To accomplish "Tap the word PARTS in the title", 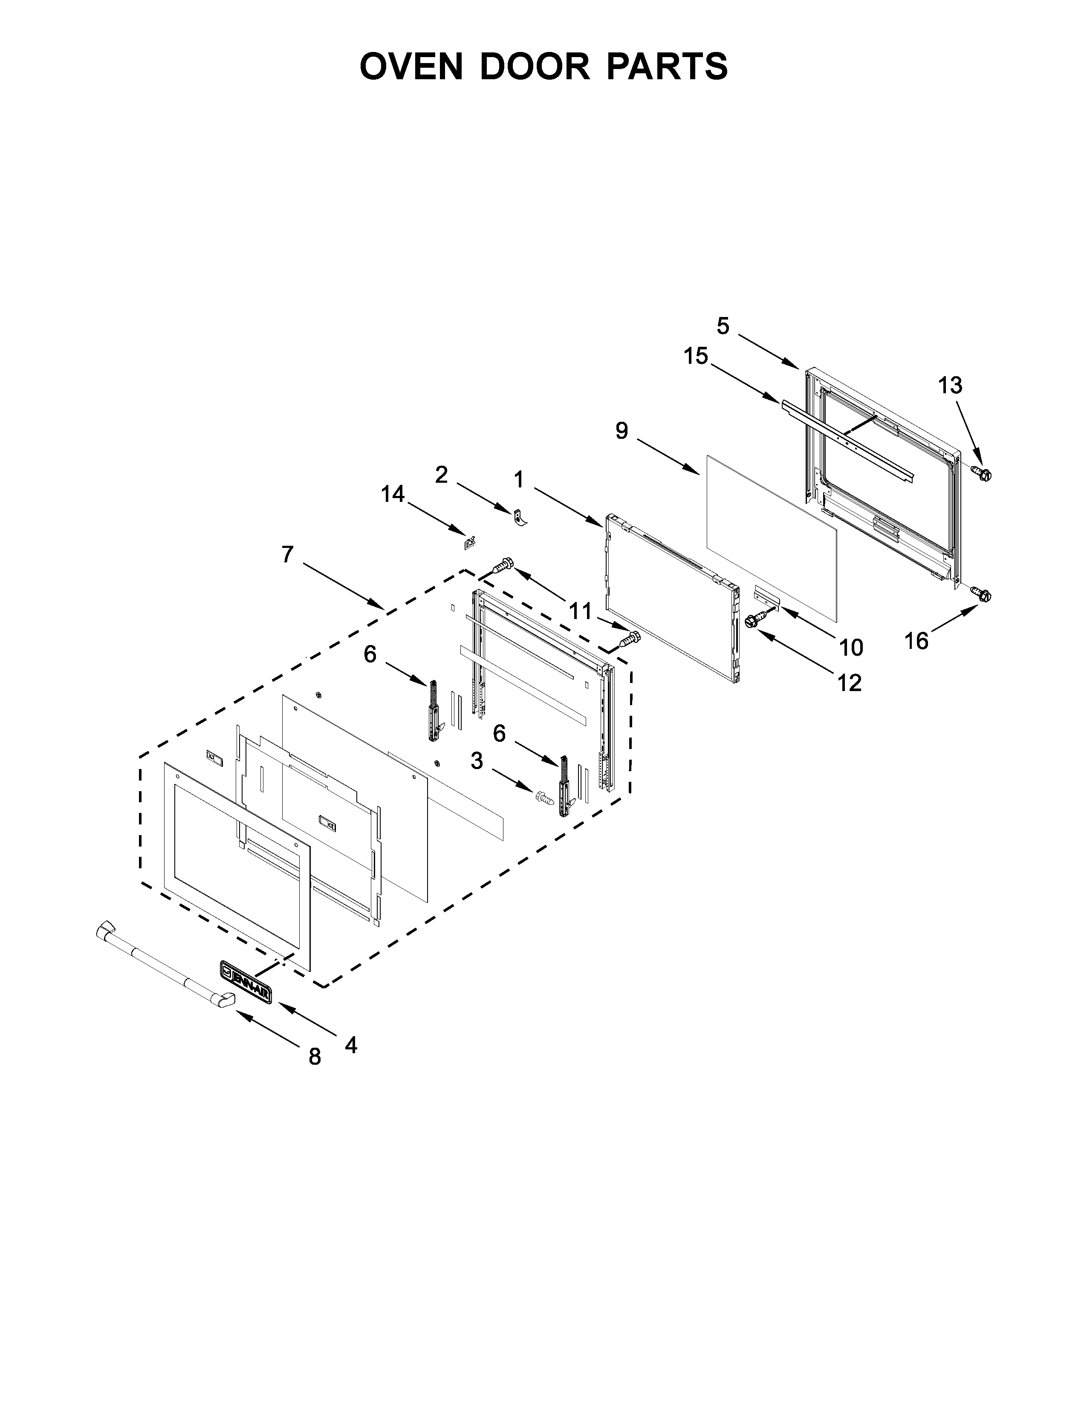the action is point(667,66).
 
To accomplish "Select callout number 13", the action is point(950,386).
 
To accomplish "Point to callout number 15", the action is point(696,356).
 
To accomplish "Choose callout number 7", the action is point(287,554).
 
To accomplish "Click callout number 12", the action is point(850,683).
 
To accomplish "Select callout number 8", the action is point(314,1057).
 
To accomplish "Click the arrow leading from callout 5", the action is point(768,350).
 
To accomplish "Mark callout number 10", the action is point(851,647).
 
